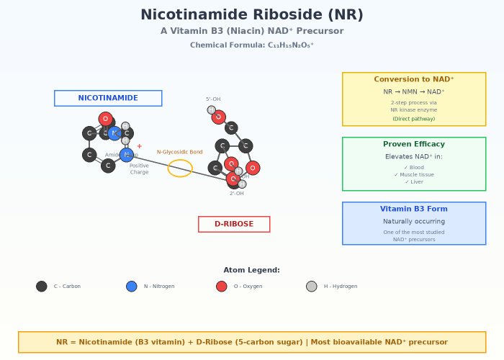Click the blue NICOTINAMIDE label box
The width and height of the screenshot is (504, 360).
click(108, 98)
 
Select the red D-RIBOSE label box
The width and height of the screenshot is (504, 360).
click(234, 224)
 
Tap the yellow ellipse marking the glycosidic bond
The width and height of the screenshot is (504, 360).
click(180, 168)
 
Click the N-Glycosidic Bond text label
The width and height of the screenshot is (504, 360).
click(180, 152)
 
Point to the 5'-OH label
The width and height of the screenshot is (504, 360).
click(213, 99)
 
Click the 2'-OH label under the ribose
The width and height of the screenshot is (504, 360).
click(237, 194)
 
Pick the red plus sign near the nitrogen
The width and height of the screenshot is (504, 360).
click(139, 146)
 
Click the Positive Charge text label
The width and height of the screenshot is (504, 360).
click(139, 169)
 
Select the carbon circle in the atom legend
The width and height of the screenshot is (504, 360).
click(42, 287)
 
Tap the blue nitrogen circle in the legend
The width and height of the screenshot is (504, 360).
click(132, 287)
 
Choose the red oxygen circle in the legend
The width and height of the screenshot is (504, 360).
click(222, 287)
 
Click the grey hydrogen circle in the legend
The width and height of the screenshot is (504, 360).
click(312, 287)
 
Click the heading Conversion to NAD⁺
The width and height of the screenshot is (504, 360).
click(414, 79)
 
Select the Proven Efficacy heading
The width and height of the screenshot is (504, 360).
click(414, 144)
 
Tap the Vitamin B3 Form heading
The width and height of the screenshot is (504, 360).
click(414, 209)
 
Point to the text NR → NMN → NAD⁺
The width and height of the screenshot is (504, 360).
click(414, 91)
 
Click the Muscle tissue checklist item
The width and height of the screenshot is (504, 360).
click(414, 175)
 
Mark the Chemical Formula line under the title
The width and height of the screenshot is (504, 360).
click(252, 45)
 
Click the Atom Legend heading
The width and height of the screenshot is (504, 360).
click(252, 270)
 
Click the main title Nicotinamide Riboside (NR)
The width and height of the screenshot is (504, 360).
click(252, 15)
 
